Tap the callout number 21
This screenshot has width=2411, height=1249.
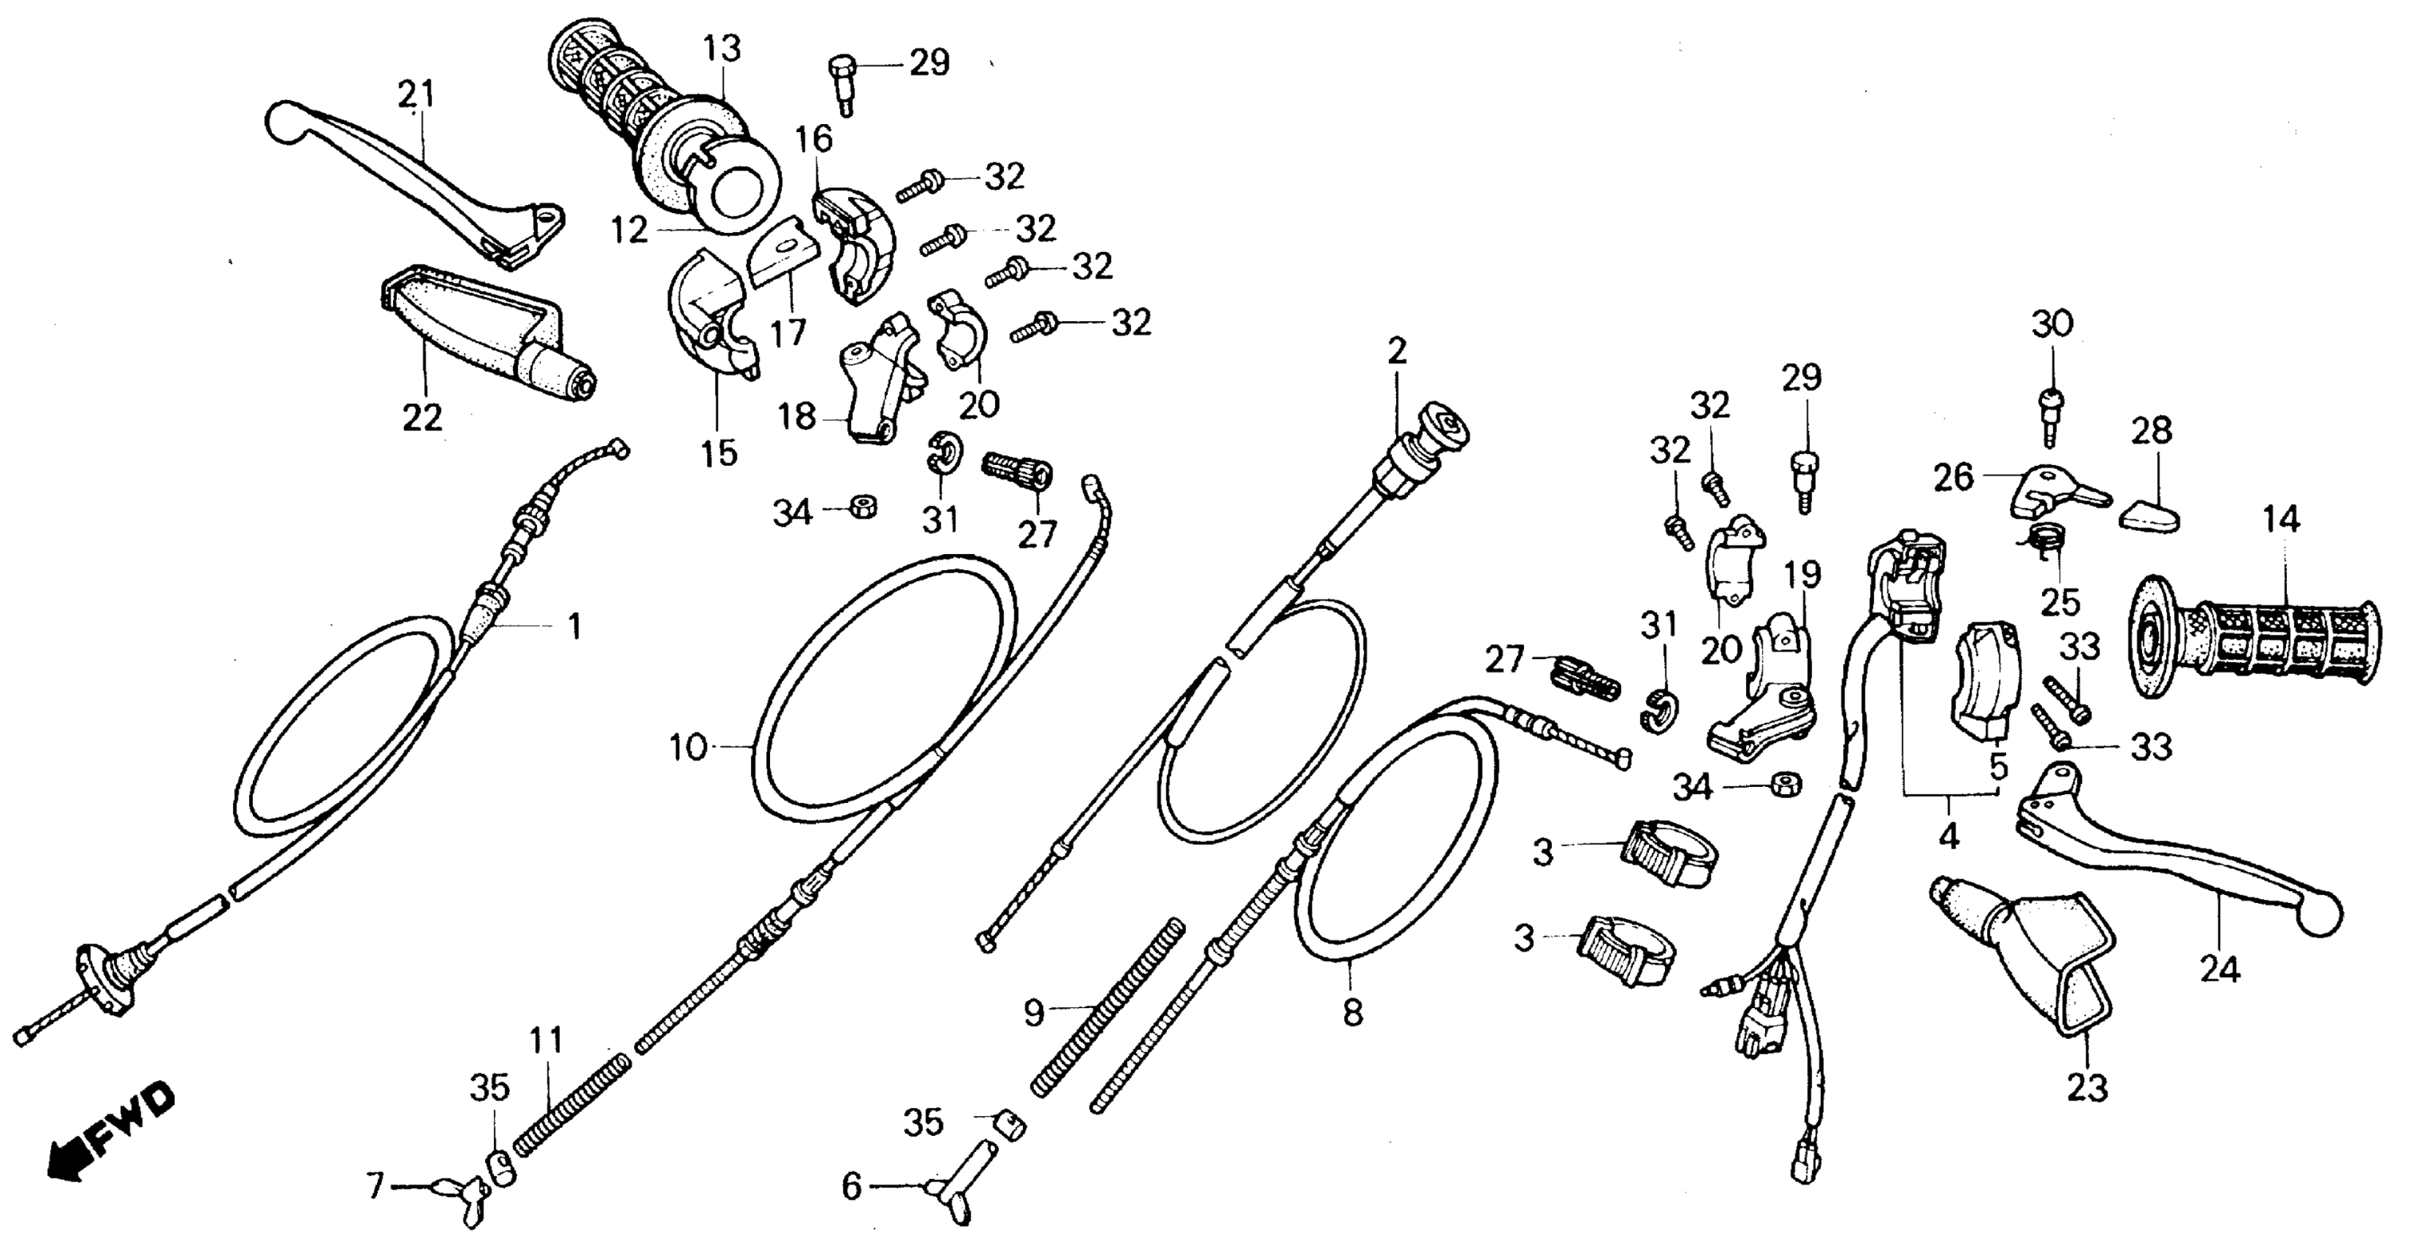point(417,95)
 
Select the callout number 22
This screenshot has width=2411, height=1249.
point(422,417)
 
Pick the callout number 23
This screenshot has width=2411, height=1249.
point(2087,1088)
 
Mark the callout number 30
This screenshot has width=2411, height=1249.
point(2052,324)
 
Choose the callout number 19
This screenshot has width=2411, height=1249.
point(1803,574)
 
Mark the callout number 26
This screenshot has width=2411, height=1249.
point(1954,477)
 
